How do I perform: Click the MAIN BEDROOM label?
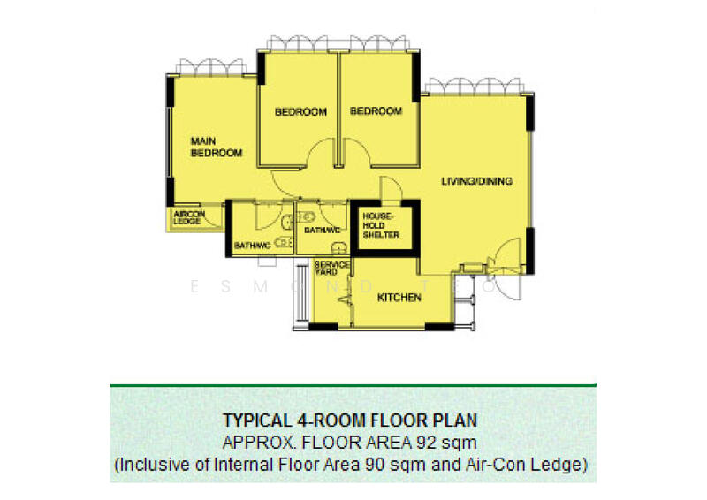point(217,147)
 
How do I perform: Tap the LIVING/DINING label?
point(477,182)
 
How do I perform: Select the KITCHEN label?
point(399,299)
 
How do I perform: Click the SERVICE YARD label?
point(332,268)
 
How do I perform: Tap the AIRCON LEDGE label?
point(187,217)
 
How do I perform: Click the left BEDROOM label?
point(300,112)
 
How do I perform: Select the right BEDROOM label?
point(376,111)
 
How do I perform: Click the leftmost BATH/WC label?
point(251,246)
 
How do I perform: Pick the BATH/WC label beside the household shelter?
point(323,231)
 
